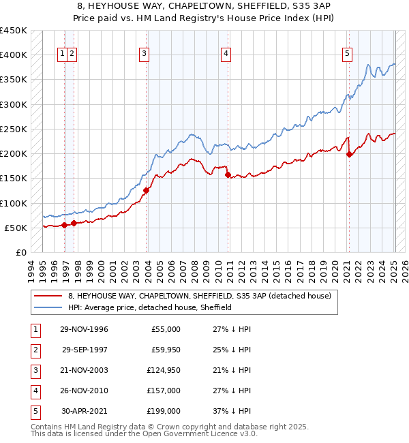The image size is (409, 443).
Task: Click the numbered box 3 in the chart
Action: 145,55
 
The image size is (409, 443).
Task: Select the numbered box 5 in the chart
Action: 348,55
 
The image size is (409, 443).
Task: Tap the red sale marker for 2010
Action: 227,174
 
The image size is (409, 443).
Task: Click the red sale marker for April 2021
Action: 349,154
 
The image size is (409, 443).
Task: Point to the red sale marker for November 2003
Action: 147,190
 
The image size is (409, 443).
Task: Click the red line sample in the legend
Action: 48,296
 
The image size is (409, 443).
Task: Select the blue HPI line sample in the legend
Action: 48,307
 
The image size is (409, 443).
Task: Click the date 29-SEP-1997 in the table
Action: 85,350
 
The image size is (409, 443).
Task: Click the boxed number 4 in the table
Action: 35,391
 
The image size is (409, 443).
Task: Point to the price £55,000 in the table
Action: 164,329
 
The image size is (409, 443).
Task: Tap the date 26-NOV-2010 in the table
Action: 85,391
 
